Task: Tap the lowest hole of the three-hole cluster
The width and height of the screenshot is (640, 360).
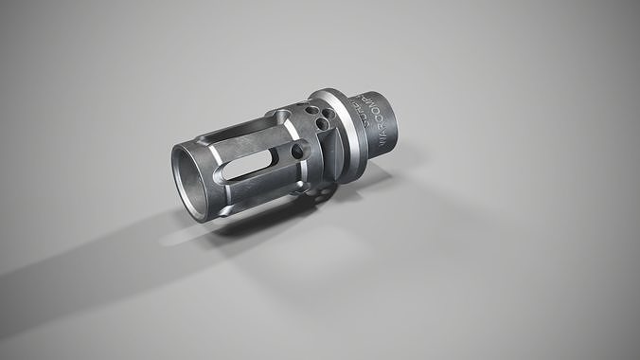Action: [x=322, y=123]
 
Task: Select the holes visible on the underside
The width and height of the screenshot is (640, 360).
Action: [x=322, y=194]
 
